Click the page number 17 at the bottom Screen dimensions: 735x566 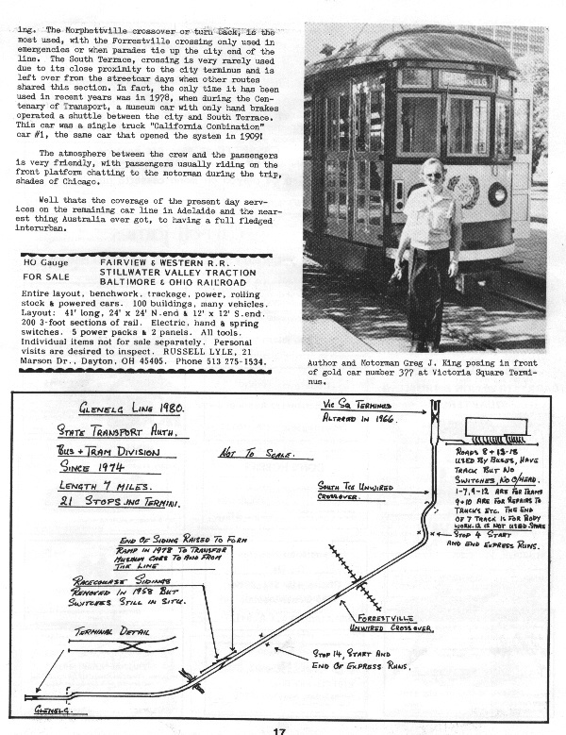(280, 729)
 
